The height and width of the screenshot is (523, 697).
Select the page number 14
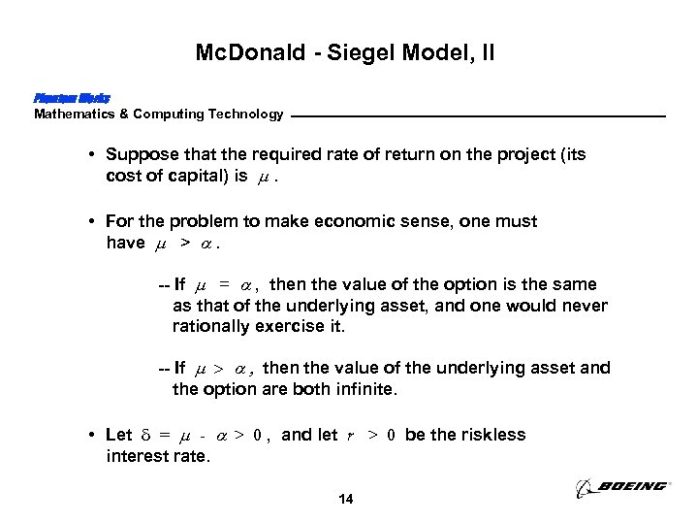[345, 500]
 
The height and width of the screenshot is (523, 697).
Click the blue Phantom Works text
[71, 98]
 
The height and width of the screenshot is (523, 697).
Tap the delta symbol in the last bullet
[144, 435]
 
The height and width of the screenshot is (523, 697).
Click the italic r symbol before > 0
[349, 436]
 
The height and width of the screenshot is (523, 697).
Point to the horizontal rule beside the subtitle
[479, 116]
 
